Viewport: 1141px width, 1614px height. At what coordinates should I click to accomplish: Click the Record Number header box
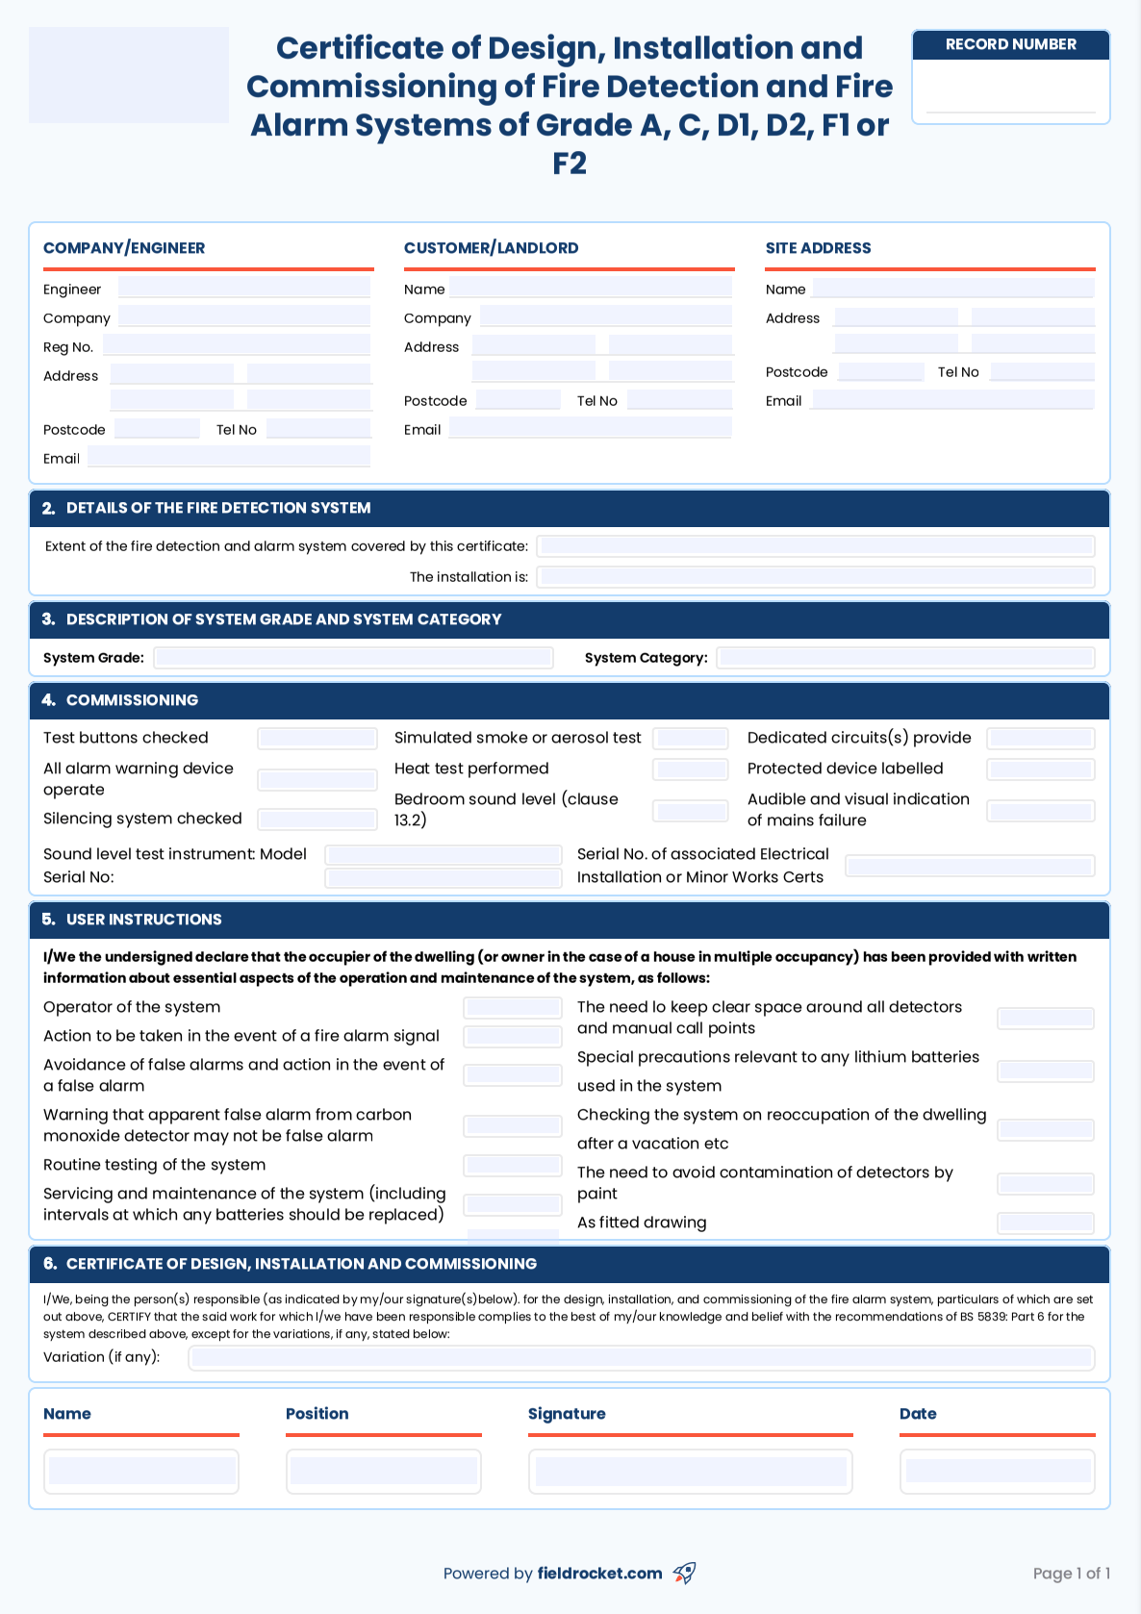[x=1010, y=44]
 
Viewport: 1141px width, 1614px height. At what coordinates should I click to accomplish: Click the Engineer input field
[x=244, y=288]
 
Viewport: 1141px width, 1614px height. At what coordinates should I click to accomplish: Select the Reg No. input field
[x=237, y=345]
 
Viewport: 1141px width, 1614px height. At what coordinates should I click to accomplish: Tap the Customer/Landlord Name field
[x=591, y=288]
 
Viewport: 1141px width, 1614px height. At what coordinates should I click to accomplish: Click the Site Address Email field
[x=952, y=400]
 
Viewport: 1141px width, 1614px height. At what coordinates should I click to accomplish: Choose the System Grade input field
[x=353, y=658]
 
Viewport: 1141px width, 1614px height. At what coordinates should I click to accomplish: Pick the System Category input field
[x=905, y=658]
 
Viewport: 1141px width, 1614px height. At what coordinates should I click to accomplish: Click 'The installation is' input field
[x=816, y=577]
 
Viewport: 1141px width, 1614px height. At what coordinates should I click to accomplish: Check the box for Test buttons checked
[x=317, y=739]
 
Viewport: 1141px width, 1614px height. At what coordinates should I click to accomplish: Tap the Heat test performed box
[x=690, y=769]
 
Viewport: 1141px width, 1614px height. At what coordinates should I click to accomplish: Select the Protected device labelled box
[x=1040, y=769]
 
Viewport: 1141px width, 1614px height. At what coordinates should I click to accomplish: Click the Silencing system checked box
[x=317, y=820]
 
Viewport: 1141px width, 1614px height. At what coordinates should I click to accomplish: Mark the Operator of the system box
[x=512, y=1008]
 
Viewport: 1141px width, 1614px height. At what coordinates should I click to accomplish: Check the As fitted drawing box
[x=1045, y=1223]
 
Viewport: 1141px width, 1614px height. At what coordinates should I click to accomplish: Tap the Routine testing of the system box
[x=512, y=1166]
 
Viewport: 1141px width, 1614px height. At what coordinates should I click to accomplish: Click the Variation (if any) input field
[x=642, y=1358]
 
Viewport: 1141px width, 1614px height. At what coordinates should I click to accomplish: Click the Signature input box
[x=690, y=1472]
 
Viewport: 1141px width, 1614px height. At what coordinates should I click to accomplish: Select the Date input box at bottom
[x=997, y=1472]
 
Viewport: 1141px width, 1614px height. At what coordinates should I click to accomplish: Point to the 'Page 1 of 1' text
[x=1071, y=1574]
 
